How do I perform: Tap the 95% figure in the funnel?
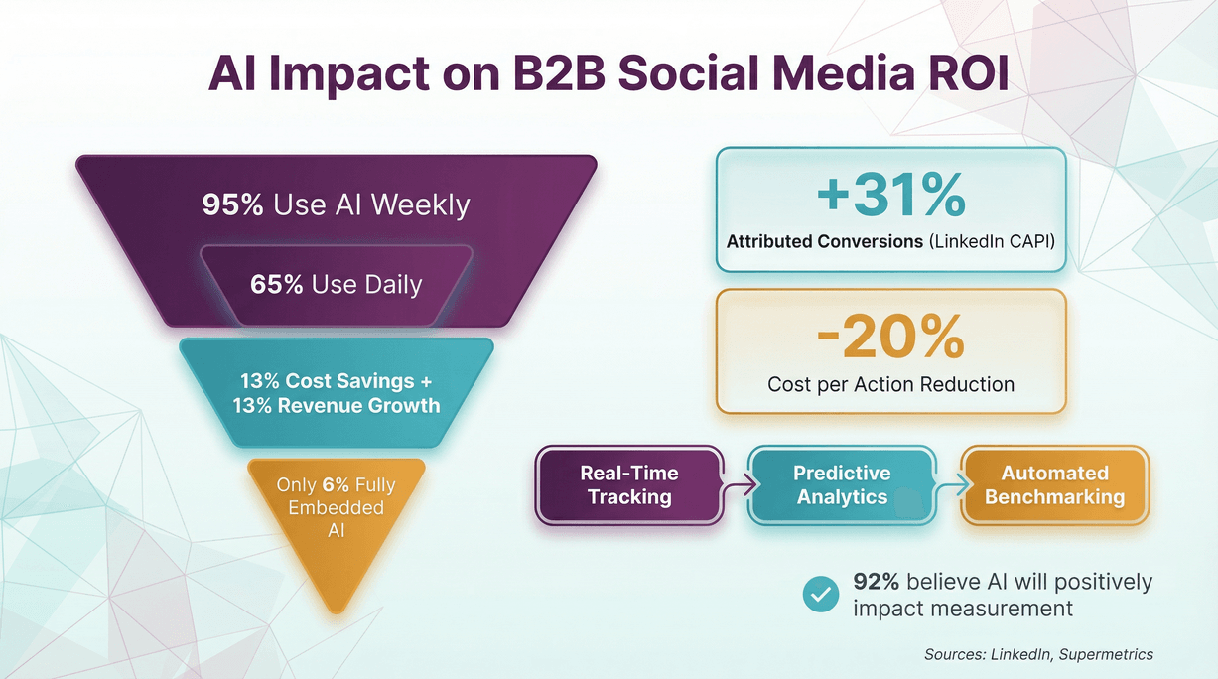point(233,204)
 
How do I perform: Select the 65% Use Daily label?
point(336,284)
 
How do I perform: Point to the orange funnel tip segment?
point(336,526)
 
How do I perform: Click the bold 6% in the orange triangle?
point(334,485)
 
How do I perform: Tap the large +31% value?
point(890,196)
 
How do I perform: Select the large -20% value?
point(890,339)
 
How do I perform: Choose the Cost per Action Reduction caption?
point(890,384)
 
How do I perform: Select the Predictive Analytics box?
point(841,484)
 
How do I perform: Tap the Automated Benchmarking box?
point(1054,484)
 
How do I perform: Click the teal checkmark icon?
point(820,594)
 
